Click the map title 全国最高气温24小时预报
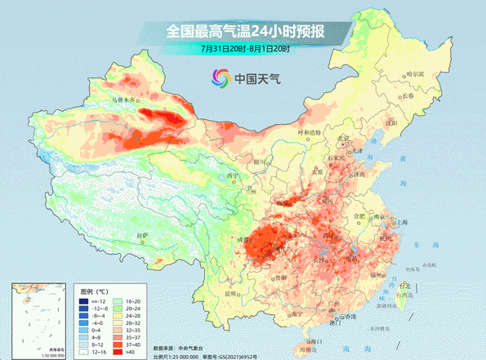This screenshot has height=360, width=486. [245, 32]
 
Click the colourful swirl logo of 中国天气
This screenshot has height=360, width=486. [220, 79]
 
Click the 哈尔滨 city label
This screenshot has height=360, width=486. [417, 74]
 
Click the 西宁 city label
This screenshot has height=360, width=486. [233, 176]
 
